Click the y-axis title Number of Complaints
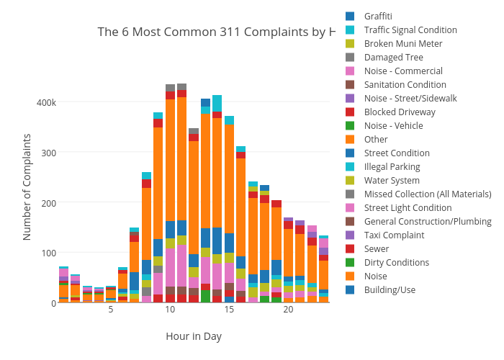(27, 186)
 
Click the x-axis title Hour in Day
(194, 336)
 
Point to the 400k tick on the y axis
(45, 102)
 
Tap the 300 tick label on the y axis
(48, 153)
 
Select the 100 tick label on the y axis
(48, 253)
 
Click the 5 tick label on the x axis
(111, 310)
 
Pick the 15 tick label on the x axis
(229, 310)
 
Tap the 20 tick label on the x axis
(288, 310)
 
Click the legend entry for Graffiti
(377, 17)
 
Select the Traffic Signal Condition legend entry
(410, 30)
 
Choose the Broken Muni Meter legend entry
(402, 44)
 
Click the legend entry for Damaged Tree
(393, 58)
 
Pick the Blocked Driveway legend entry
(399, 112)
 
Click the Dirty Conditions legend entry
(396, 263)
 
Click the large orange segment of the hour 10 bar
(170, 158)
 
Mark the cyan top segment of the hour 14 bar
(217, 103)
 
